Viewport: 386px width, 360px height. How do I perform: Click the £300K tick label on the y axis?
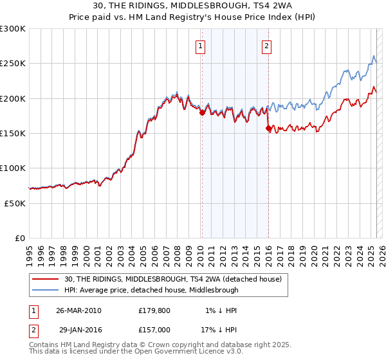point(12,29)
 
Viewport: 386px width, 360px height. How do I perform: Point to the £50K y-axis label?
point(15,203)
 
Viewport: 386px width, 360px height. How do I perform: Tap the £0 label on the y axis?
point(20,238)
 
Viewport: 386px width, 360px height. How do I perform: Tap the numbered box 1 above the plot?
point(201,46)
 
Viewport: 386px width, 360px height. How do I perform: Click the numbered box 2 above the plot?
point(267,46)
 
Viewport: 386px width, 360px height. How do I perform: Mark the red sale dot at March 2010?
point(202,113)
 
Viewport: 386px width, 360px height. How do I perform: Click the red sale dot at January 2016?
point(268,129)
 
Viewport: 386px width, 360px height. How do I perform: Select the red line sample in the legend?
point(46,279)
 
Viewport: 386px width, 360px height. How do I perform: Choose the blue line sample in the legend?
point(46,290)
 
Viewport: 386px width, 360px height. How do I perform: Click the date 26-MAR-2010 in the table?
point(79,310)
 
